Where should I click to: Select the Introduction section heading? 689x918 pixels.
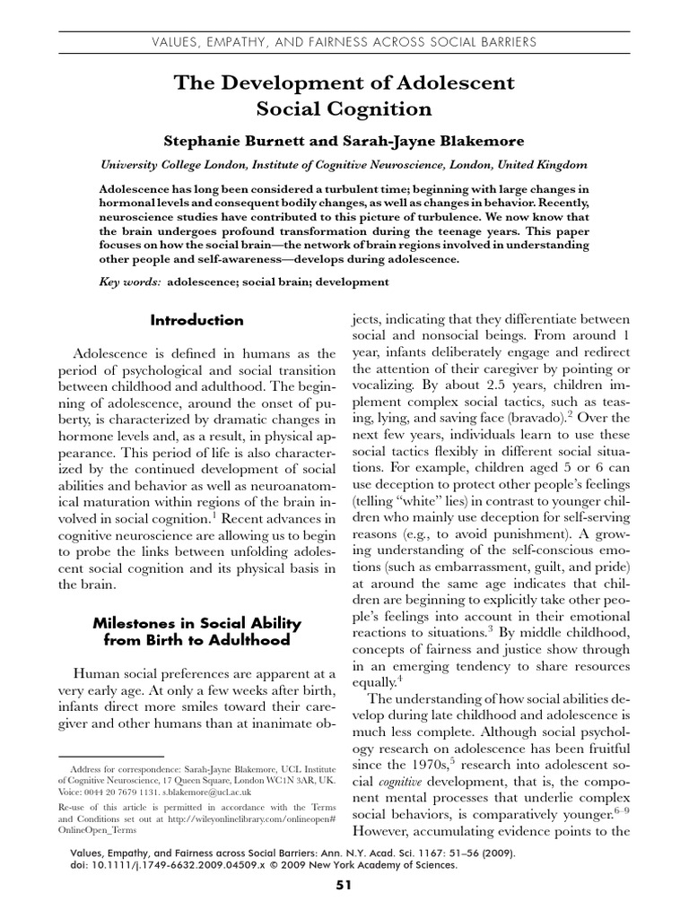pyautogui.click(x=196, y=320)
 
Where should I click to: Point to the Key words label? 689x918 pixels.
pyautogui.click(x=130, y=282)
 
